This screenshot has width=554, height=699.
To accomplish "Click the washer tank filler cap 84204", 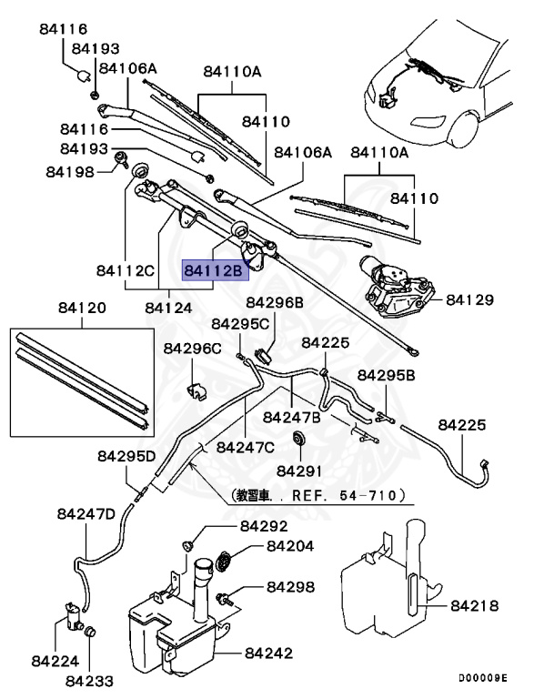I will click(x=225, y=561).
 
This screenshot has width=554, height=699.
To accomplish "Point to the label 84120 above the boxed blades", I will click(x=82, y=309).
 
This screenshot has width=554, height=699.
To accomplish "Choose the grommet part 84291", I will click(x=297, y=441).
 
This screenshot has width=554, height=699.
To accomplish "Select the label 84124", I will click(x=168, y=308).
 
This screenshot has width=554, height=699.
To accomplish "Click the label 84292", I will click(x=263, y=527).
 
